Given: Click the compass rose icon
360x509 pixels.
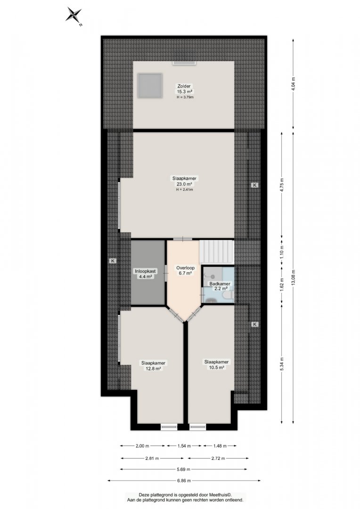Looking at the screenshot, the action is point(74,16).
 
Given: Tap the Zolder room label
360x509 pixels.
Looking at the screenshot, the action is point(184,86).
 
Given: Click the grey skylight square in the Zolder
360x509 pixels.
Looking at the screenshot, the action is point(149,86).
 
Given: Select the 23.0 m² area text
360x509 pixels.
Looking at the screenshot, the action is point(184,184).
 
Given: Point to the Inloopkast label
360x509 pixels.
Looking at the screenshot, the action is point(146,271).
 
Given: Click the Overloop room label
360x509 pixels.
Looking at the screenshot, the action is point(185,268).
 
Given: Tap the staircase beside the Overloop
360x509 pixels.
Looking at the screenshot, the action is point(217,252).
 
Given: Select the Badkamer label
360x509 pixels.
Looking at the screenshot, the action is point(220,283).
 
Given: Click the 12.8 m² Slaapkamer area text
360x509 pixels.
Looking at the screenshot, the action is point(153,369).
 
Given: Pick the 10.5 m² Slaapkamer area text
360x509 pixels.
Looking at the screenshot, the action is point(217,368).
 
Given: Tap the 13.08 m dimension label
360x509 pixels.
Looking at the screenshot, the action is point(293,278).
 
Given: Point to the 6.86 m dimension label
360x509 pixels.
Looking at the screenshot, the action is point(184,480).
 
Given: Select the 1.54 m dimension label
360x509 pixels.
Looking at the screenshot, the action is point(184,446).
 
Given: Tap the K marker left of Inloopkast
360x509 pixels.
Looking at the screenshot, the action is point(113,261).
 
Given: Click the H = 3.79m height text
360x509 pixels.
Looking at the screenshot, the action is point(185,97).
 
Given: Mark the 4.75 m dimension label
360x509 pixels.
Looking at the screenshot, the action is point(282,185).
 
